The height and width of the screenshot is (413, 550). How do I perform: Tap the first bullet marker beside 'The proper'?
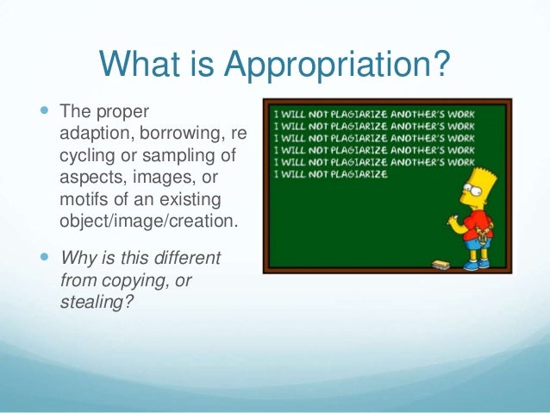(45, 112)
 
